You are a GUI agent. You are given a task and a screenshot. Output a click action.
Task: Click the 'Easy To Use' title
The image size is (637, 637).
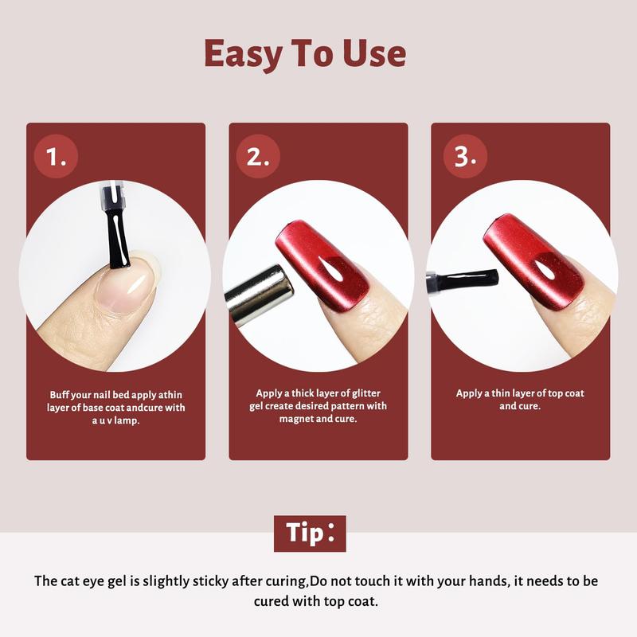click(305, 53)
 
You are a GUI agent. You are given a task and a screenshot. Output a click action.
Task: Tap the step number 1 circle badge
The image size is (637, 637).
click(56, 157)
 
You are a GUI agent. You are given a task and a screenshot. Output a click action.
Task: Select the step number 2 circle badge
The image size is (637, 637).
click(258, 157)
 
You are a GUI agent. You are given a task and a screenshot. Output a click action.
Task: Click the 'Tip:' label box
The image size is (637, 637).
click(310, 533)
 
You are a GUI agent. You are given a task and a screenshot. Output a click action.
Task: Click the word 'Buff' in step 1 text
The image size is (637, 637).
click(57, 395)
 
